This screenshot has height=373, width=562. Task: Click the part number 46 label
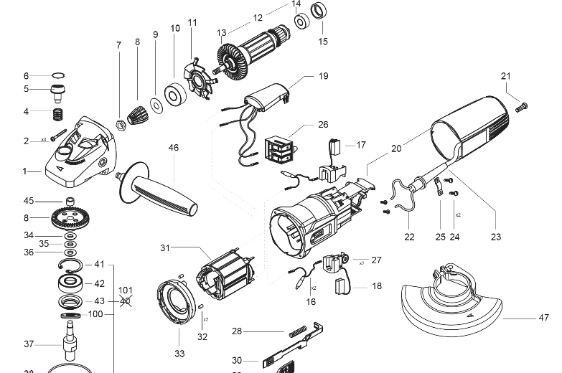pyautogui.click(x=174, y=148)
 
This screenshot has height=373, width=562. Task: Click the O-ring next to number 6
pyautogui.click(x=58, y=75)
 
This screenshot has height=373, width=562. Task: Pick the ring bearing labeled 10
pyautogui.click(x=175, y=95)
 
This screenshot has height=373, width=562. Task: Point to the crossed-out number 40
pyautogui.click(x=126, y=301)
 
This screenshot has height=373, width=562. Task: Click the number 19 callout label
pyautogui.click(x=323, y=75)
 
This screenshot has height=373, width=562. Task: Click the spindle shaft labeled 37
pyautogui.click(x=70, y=341)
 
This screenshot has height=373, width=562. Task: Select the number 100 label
pyautogui.click(x=95, y=314)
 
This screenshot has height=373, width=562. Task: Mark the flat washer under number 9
pyautogui.click(x=155, y=99)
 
